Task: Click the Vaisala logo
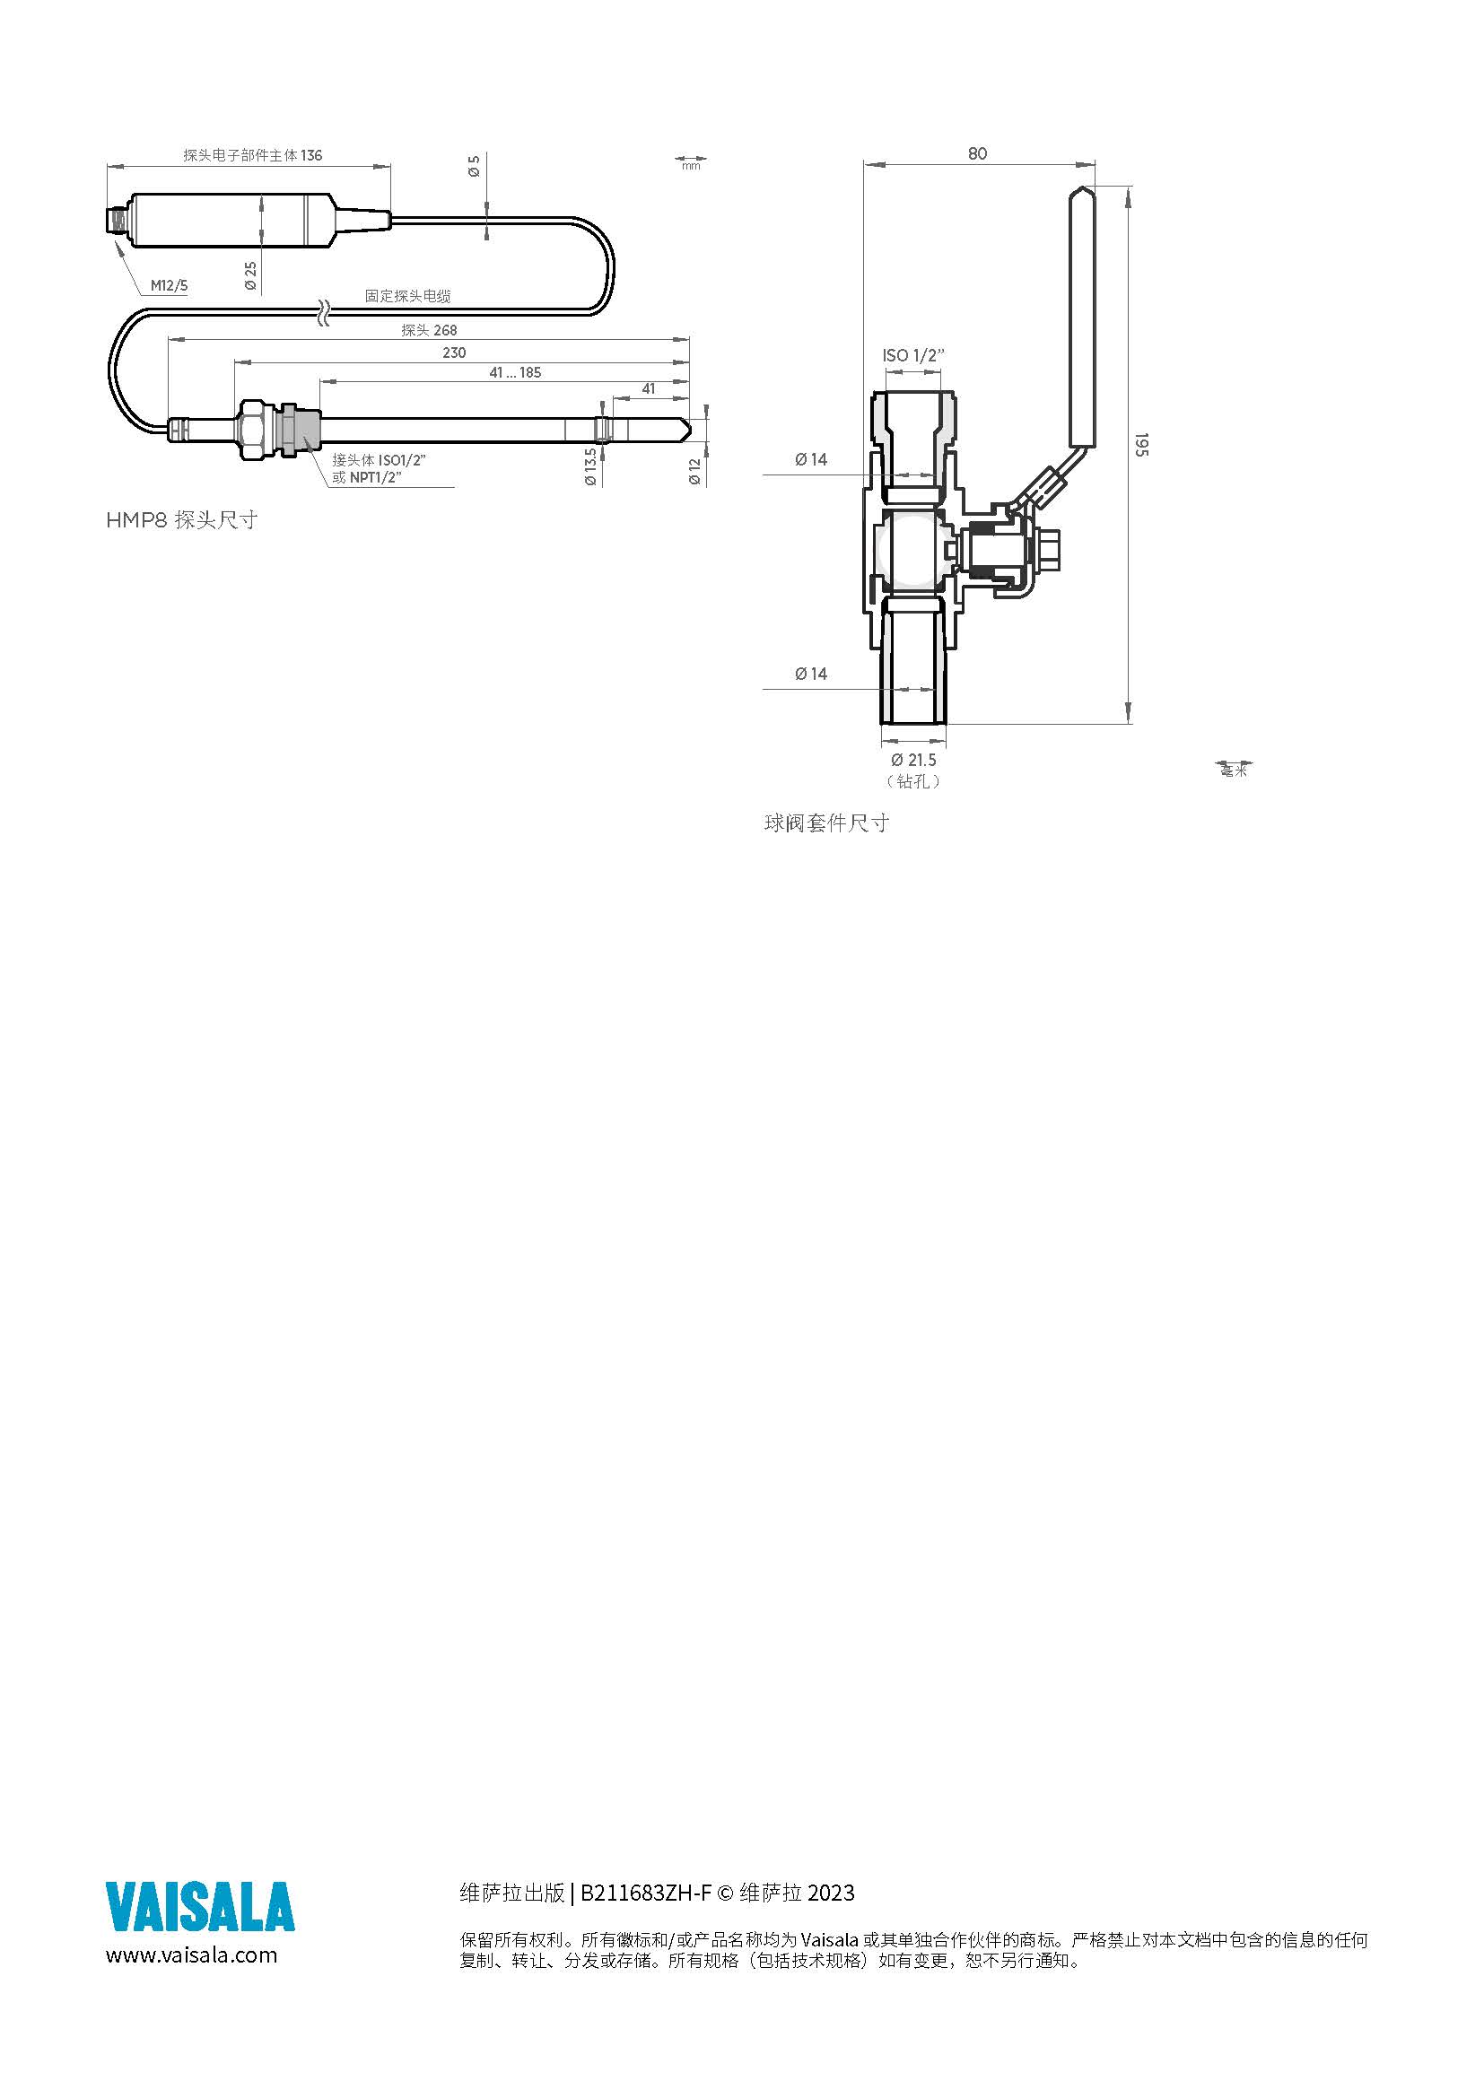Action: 200,1906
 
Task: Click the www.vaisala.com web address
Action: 192,1954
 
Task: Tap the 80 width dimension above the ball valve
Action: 978,153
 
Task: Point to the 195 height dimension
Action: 1141,445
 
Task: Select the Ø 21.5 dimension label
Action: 913,760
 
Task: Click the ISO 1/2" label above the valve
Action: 912,355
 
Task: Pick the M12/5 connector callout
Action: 169,286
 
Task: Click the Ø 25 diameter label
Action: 250,276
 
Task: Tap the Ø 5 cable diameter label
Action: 474,166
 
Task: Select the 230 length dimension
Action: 454,353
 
